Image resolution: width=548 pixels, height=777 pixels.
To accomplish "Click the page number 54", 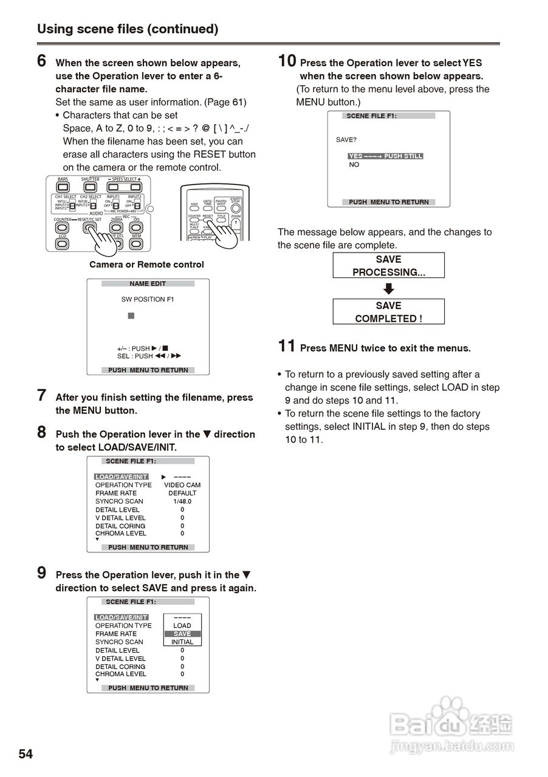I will (x=26, y=754).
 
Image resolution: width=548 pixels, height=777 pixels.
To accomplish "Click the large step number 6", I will (x=42, y=61).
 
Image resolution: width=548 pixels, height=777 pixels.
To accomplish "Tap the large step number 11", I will (x=287, y=347).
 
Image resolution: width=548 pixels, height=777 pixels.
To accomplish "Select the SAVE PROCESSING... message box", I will (x=388, y=265).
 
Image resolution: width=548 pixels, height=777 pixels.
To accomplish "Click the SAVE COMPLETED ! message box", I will (x=388, y=312).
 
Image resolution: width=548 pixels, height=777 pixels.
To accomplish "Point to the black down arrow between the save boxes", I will (x=389, y=289).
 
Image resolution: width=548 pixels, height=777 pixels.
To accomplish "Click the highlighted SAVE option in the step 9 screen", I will (x=182, y=634).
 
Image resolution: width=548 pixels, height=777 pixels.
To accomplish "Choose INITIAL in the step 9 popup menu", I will (x=182, y=642).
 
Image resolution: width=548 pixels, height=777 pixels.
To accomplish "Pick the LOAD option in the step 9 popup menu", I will (x=182, y=625).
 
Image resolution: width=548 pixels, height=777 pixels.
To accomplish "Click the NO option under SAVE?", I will (x=354, y=165).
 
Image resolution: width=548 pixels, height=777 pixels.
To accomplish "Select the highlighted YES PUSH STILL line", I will (x=385, y=156).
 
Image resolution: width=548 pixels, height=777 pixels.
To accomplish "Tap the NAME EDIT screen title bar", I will (x=148, y=283).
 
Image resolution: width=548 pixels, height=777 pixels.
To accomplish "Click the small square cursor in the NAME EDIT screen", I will (x=131, y=316).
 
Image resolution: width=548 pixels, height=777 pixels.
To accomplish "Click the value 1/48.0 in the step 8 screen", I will (x=182, y=501).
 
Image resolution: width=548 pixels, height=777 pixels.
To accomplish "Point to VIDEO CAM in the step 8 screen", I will (x=182, y=485).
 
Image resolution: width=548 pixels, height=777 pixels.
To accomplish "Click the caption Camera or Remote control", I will (x=146, y=265).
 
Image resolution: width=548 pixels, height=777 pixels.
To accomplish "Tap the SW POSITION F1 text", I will (x=148, y=299).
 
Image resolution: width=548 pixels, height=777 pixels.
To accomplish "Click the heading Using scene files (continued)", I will (x=128, y=29).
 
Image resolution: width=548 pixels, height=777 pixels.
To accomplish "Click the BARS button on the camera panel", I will (x=63, y=186).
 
